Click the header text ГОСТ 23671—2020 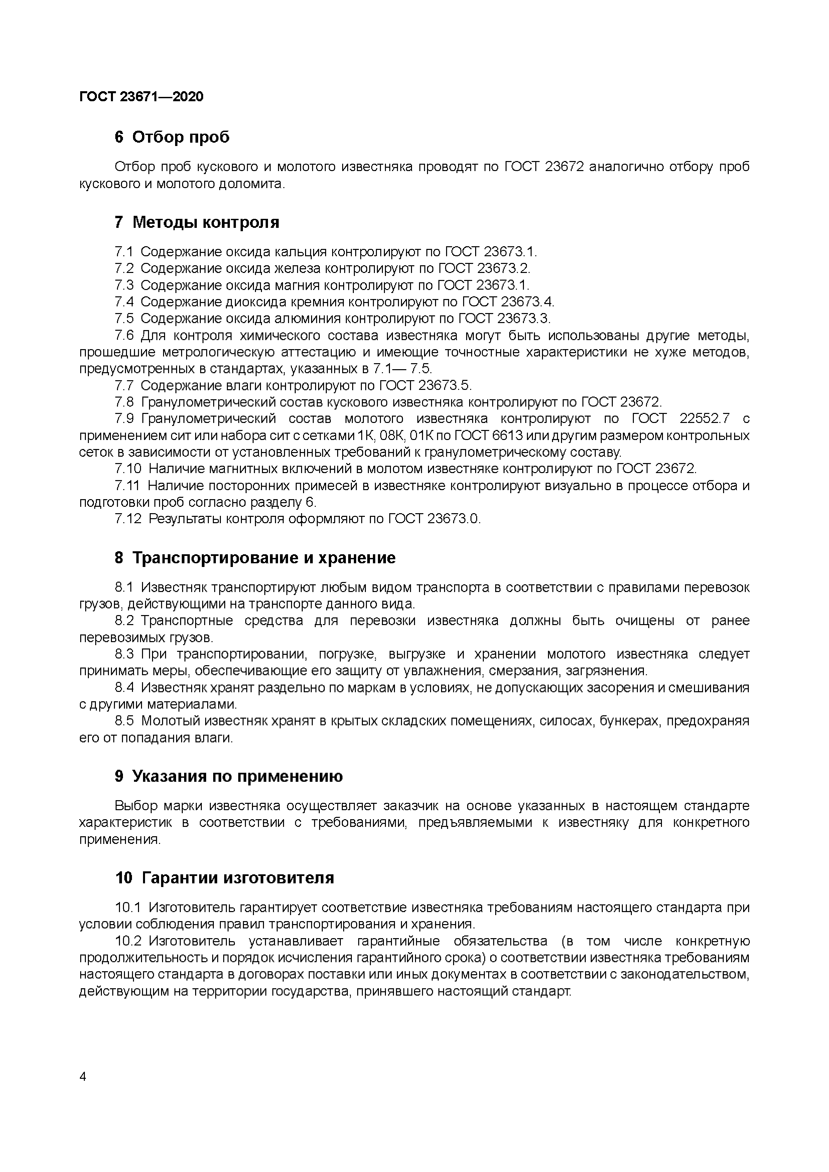click(141, 97)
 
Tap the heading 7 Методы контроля click(197, 222)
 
